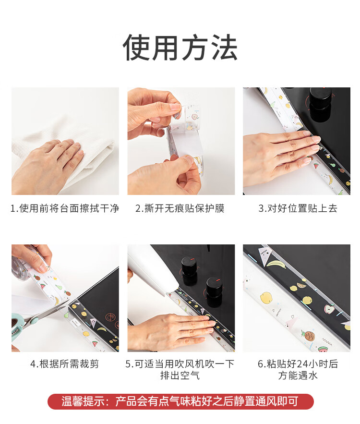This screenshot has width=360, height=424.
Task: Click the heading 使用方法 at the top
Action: [180, 48]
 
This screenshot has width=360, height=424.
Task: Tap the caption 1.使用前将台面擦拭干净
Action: [65, 208]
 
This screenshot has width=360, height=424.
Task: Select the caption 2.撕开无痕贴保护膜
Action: [180, 208]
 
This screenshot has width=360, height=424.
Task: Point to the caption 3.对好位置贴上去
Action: [298, 208]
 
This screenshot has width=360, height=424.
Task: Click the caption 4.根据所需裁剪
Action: [65, 364]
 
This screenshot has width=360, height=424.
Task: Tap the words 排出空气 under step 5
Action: [180, 376]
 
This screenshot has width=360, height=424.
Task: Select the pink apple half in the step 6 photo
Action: [330, 310]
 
